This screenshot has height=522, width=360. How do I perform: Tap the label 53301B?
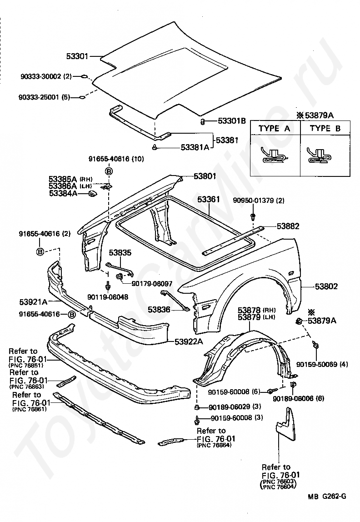(x=231, y=121)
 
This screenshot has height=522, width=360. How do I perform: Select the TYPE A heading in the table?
(x=274, y=128)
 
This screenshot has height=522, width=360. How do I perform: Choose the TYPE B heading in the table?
(x=325, y=128)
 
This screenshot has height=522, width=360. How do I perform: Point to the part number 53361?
(x=209, y=200)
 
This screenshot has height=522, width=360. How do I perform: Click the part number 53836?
(x=159, y=310)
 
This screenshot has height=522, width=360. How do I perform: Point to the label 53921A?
(x=34, y=301)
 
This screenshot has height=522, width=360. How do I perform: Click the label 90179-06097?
(x=151, y=283)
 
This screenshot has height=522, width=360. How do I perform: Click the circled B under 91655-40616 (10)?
(x=109, y=171)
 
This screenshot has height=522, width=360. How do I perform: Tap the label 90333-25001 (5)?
(x=44, y=97)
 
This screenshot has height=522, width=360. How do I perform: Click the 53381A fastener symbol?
(x=155, y=147)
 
